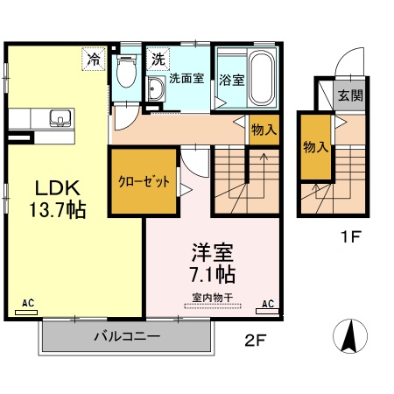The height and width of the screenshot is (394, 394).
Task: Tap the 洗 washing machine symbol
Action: [x=157, y=60]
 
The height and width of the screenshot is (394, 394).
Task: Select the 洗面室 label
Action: [x=186, y=77]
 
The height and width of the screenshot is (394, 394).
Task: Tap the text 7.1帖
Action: [x=214, y=272]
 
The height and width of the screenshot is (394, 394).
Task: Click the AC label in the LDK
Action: [x=29, y=303]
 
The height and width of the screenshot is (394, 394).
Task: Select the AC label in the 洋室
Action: [x=268, y=304]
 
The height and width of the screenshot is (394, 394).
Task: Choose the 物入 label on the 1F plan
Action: [x=316, y=147]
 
